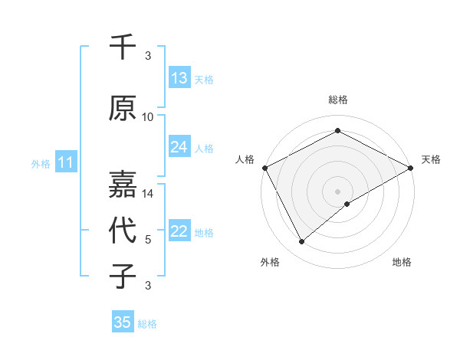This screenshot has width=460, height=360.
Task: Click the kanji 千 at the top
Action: coord(123,47)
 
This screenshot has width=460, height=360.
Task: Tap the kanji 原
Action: coord(123,108)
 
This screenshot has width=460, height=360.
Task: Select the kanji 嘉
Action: coord(123,184)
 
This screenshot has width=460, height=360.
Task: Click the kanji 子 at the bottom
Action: coord(123,276)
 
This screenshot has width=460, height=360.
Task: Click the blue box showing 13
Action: coord(179,78)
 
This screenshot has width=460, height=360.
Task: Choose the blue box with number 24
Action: coord(179,148)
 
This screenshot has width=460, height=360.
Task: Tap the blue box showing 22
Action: coord(179,232)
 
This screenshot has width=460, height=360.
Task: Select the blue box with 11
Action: coord(66,162)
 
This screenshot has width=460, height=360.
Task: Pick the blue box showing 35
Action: coord(123,322)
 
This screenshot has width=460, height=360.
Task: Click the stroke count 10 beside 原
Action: coord(148,117)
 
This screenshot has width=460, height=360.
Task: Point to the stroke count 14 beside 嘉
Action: coord(148,194)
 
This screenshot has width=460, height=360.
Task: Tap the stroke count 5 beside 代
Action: coord(148,240)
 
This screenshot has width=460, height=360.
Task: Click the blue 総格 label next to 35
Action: coord(148,324)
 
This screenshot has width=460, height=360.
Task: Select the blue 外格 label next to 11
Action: coord(41,163)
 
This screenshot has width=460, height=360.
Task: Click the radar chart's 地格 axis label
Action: coord(402,262)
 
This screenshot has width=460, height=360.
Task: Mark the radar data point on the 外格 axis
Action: coord(301,242)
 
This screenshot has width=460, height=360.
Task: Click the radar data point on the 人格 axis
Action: coord(264,167)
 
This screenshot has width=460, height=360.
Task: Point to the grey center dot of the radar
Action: coord(338,191)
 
